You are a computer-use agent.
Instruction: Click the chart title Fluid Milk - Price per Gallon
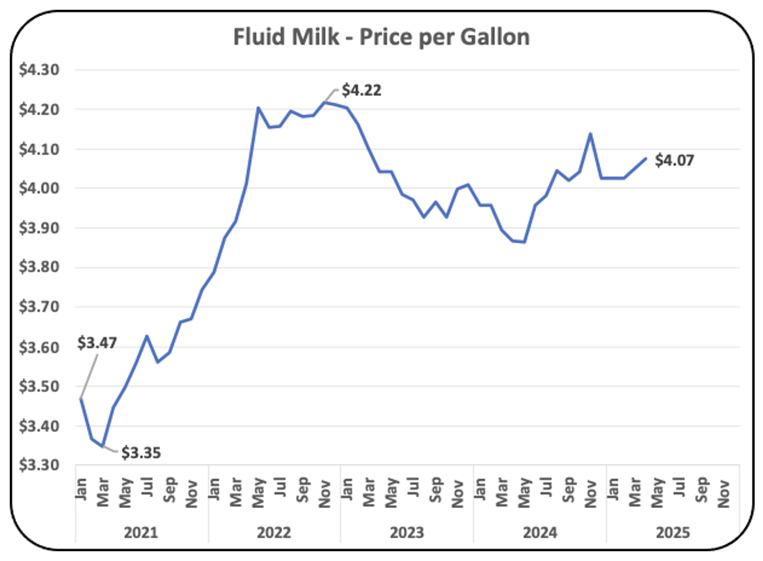click(381, 36)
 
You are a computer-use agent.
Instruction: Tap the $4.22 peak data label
click(362, 90)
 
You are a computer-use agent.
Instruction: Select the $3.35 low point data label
click(141, 454)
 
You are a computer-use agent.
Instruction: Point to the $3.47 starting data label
click(97, 342)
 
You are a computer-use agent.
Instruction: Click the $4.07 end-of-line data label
click(675, 161)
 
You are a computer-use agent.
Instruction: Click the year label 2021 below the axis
click(141, 534)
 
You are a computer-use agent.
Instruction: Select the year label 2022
click(274, 534)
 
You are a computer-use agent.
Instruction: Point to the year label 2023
click(407, 534)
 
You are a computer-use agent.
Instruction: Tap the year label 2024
click(540, 534)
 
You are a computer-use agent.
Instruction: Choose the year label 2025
click(672, 534)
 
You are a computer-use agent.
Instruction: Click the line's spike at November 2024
click(591, 134)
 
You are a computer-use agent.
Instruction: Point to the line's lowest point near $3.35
click(103, 445)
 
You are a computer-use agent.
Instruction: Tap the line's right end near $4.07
click(645, 159)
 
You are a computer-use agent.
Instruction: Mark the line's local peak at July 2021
click(147, 336)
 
